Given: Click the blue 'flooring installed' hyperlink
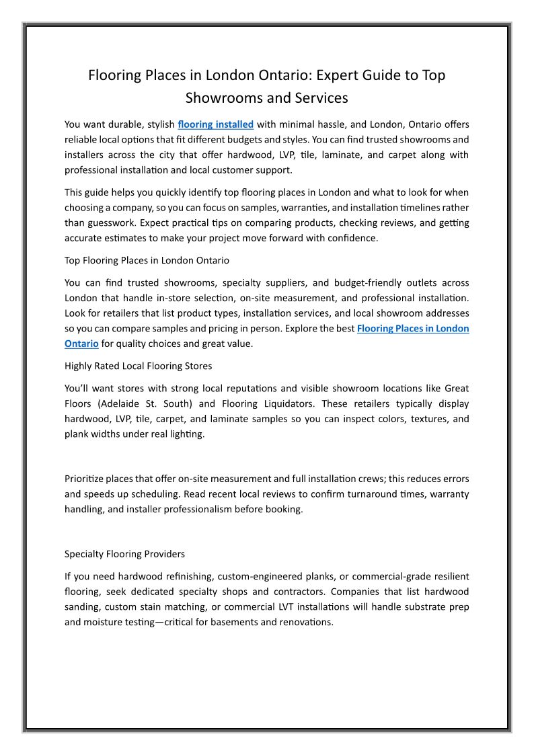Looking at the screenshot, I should coord(215,124).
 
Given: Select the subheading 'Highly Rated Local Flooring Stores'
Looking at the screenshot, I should coord(137,366).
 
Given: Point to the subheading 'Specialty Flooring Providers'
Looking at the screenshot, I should coord(124,554).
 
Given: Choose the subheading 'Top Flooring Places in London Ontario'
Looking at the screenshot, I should coord(147,260).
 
